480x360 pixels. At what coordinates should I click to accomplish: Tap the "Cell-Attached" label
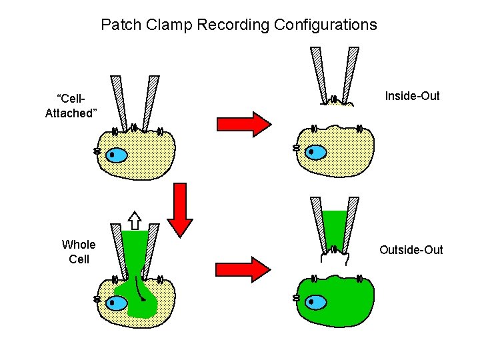[x=71, y=106]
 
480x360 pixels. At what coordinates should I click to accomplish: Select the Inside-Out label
[x=412, y=96]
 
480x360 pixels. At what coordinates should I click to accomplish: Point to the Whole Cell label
[x=79, y=251]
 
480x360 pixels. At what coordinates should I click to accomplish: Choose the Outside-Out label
[x=411, y=250]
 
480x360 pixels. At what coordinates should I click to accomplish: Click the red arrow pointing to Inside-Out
[x=243, y=124]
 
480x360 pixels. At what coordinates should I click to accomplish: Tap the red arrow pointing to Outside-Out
[x=243, y=269]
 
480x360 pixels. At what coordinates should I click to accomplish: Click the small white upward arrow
[x=135, y=219]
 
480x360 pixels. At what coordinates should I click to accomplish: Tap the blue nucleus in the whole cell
[x=117, y=303]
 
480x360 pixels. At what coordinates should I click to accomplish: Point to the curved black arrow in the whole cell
[x=139, y=287]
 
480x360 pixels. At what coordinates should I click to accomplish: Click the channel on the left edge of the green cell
[x=296, y=298]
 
